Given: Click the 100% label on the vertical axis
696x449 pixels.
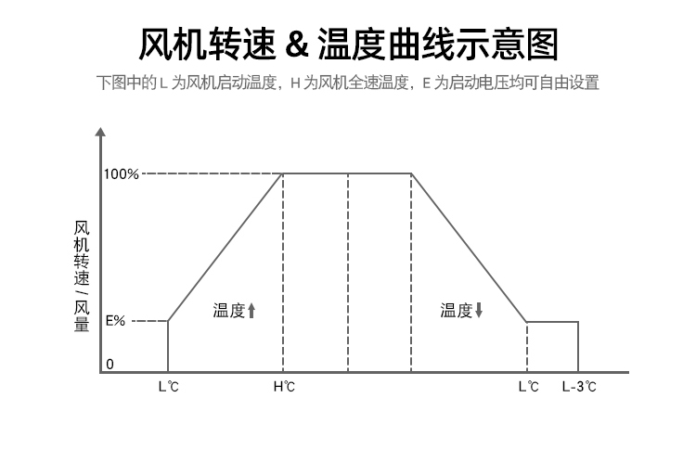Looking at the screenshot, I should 122,173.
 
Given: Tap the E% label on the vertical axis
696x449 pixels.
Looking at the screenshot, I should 115,321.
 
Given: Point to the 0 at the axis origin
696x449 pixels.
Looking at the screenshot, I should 110,364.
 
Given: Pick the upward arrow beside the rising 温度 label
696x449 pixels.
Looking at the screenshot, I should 251,312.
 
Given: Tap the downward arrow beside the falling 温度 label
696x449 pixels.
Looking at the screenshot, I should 479,312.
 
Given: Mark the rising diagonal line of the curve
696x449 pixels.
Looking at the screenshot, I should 226,247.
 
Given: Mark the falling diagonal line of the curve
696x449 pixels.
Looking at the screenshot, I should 469,247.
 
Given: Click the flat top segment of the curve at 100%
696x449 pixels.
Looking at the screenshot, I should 347,173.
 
